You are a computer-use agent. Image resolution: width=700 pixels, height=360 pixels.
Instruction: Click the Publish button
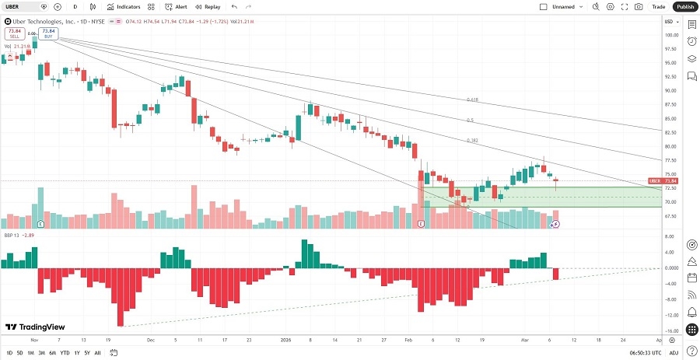pyautogui.click(x=684, y=6)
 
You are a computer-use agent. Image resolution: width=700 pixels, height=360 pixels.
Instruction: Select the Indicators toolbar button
pyautogui.click(x=124, y=6)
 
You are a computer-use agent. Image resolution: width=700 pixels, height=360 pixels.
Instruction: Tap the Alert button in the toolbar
pyautogui.click(x=176, y=6)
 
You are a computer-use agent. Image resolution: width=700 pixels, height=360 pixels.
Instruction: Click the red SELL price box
pyautogui.click(x=14, y=34)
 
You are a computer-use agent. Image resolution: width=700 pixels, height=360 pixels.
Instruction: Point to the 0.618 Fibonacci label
pyautogui.click(x=471, y=100)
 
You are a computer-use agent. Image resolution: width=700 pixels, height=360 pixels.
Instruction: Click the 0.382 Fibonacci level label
pyautogui.click(x=472, y=141)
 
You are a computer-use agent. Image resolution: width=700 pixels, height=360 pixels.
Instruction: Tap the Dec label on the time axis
pyautogui.click(x=150, y=341)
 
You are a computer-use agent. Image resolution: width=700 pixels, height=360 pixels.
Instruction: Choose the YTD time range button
pyautogui.click(x=65, y=353)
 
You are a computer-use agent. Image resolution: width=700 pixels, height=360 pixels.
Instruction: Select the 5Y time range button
pyautogui.click(x=86, y=353)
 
